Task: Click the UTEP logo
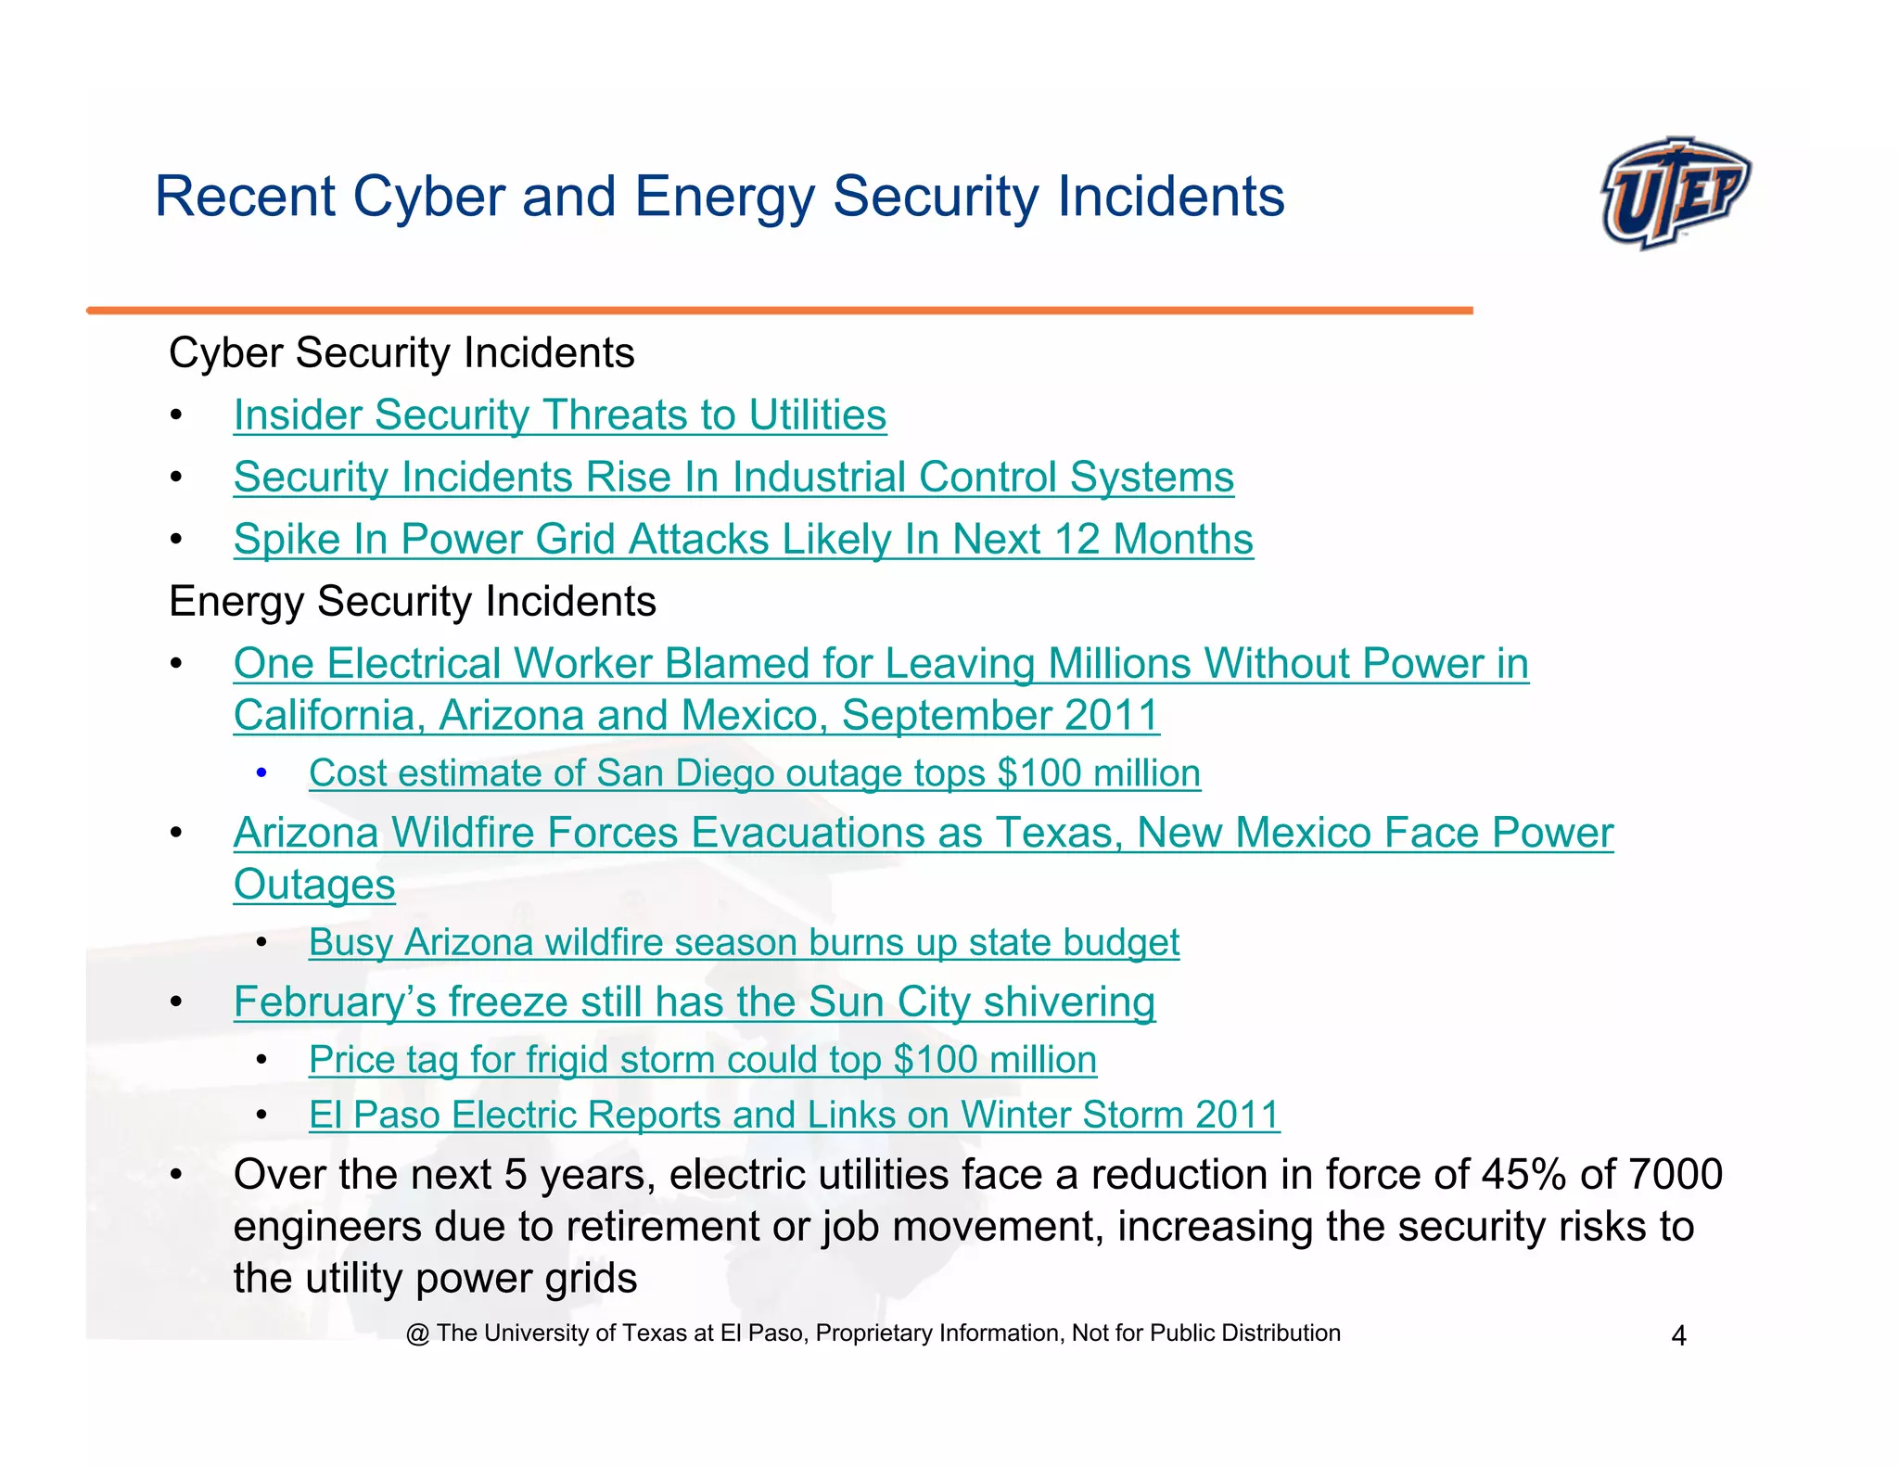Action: pos(1675,193)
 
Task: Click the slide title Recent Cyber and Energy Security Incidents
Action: pos(719,197)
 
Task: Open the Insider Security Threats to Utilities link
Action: pos(559,415)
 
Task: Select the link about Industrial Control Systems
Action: pos(733,477)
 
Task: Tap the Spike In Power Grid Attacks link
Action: pos(743,539)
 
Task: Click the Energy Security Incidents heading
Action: pos(412,601)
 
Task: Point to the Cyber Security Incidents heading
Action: pos(401,353)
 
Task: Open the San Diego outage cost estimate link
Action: pos(754,772)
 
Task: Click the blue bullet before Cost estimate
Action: pos(261,772)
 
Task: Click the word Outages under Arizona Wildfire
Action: pos(313,884)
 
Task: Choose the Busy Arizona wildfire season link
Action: pos(743,942)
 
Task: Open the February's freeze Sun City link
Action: pos(694,1001)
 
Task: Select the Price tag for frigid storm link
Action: pos(702,1059)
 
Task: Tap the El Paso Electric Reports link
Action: pos(794,1115)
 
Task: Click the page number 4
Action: pos(1677,1335)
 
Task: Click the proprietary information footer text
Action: pos(873,1333)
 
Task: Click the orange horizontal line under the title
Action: pos(779,311)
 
